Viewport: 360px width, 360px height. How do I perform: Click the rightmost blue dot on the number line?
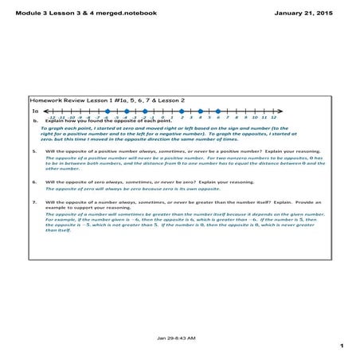(218, 112)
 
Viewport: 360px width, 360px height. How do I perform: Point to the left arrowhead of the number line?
(46, 112)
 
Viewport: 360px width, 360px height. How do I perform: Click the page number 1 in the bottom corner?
(340, 346)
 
